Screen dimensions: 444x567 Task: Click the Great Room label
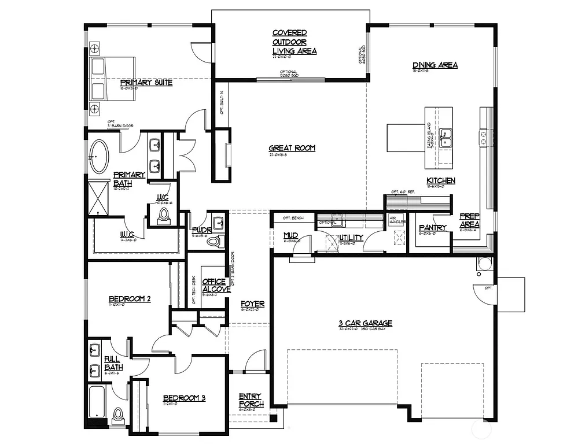292,148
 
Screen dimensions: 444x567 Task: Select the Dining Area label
435,65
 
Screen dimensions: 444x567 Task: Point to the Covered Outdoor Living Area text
294,42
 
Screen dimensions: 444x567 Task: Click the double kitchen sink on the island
446,139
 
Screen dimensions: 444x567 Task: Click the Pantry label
432,228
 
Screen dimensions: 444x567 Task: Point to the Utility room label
351,238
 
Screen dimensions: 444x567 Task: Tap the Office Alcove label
213,286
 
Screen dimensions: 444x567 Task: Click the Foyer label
253,304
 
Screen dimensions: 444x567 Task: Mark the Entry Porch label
251,400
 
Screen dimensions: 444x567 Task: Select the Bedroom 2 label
130,299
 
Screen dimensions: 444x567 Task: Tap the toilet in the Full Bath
119,415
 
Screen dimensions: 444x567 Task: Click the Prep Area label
469,220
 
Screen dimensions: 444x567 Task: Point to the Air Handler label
397,220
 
